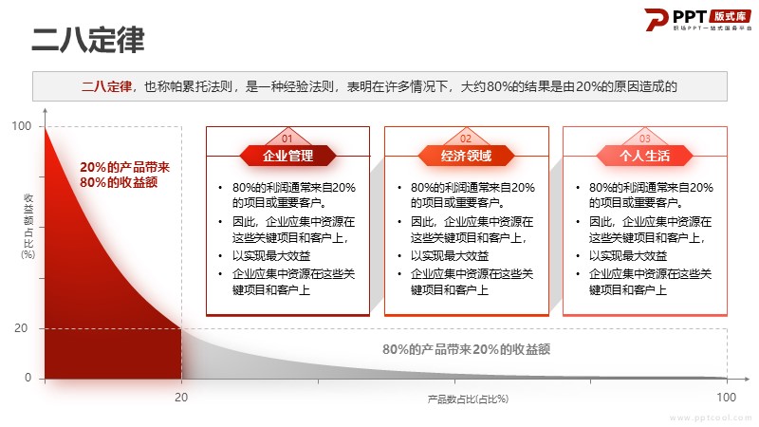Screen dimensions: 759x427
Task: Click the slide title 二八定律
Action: point(88,39)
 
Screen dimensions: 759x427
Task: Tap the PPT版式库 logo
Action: point(697,20)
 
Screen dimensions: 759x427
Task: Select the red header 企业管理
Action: point(287,156)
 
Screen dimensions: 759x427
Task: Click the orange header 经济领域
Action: point(466,156)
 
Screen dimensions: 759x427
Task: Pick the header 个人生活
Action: point(645,156)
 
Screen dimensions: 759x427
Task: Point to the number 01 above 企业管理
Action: point(287,139)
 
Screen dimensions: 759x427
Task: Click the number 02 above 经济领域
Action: point(466,139)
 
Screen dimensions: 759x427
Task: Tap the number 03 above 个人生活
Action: point(645,139)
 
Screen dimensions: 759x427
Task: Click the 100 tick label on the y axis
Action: point(21,126)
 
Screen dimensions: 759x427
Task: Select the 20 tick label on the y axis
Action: point(21,328)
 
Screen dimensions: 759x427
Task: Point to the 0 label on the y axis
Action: point(28,378)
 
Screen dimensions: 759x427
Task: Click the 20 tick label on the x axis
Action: point(181,398)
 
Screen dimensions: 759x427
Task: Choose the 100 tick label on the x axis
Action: point(726,398)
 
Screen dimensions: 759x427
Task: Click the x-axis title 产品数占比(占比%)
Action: point(468,399)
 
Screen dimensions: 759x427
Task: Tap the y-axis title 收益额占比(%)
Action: point(28,226)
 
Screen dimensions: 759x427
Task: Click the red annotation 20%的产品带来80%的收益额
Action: point(124,175)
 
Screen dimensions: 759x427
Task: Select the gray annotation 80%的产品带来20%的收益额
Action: point(466,349)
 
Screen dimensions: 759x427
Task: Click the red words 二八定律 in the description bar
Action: point(106,86)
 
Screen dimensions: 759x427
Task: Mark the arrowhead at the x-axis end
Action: point(748,379)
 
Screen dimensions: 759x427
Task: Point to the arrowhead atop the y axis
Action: point(45,110)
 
